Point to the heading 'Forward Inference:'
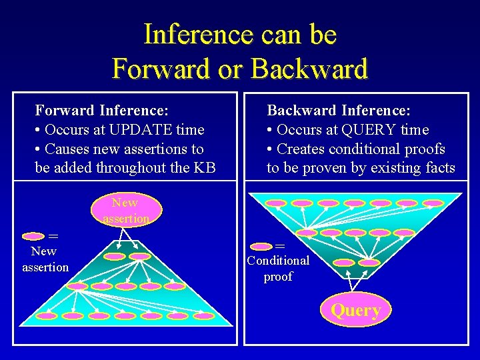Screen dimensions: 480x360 pyautogui.click(x=101, y=109)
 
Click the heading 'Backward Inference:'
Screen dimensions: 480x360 pyautogui.click(x=339, y=109)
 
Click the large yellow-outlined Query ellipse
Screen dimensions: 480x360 pyautogui.click(x=356, y=310)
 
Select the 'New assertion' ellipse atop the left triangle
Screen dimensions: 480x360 pyautogui.click(x=125, y=209)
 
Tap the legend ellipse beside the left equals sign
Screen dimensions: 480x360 pyautogui.click(x=34, y=236)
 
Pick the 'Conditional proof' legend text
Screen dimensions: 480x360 pyautogui.click(x=278, y=268)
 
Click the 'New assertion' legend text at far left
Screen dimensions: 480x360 pyautogui.click(x=45, y=259)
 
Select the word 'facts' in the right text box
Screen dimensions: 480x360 pyautogui.click(x=439, y=168)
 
